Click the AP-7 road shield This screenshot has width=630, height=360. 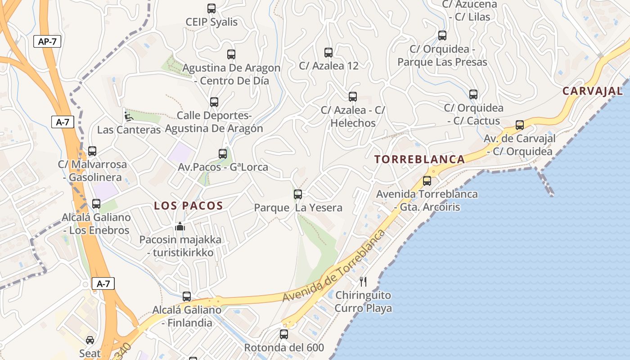point(47,42)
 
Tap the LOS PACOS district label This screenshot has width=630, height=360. point(189,206)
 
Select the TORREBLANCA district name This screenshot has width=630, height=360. point(419,159)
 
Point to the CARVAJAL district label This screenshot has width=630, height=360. point(593,91)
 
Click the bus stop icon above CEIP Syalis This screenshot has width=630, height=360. point(211,9)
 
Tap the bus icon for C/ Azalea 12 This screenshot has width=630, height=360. point(328,53)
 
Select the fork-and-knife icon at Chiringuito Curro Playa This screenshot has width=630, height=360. point(363,282)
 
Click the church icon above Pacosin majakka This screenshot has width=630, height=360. point(180,226)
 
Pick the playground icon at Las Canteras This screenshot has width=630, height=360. point(128,116)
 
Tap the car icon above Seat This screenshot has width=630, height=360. point(90,340)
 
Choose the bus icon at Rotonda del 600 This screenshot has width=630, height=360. point(283,334)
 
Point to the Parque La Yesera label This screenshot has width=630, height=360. point(298,208)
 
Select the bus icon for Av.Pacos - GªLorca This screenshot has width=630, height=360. point(223,154)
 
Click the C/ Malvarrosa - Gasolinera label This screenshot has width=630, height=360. point(92,171)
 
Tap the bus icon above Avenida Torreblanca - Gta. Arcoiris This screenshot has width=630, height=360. point(427,181)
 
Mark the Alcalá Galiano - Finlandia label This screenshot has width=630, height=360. point(187,316)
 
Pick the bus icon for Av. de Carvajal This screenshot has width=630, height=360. point(520,125)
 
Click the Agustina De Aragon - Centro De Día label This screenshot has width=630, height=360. point(231,74)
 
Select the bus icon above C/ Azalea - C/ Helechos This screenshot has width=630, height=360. point(353,97)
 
